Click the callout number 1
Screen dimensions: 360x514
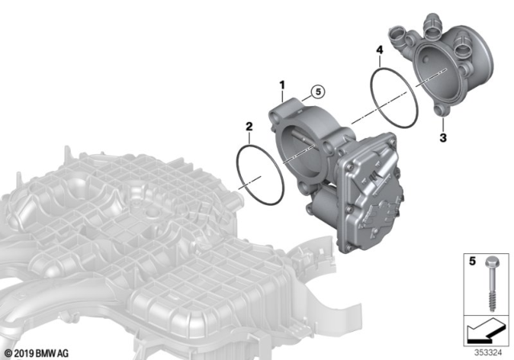click(282, 84)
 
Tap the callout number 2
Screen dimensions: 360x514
click(249, 127)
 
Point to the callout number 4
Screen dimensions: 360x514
click(378, 50)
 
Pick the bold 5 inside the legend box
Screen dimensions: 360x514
click(472, 261)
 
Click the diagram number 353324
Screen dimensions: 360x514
click(484, 350)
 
